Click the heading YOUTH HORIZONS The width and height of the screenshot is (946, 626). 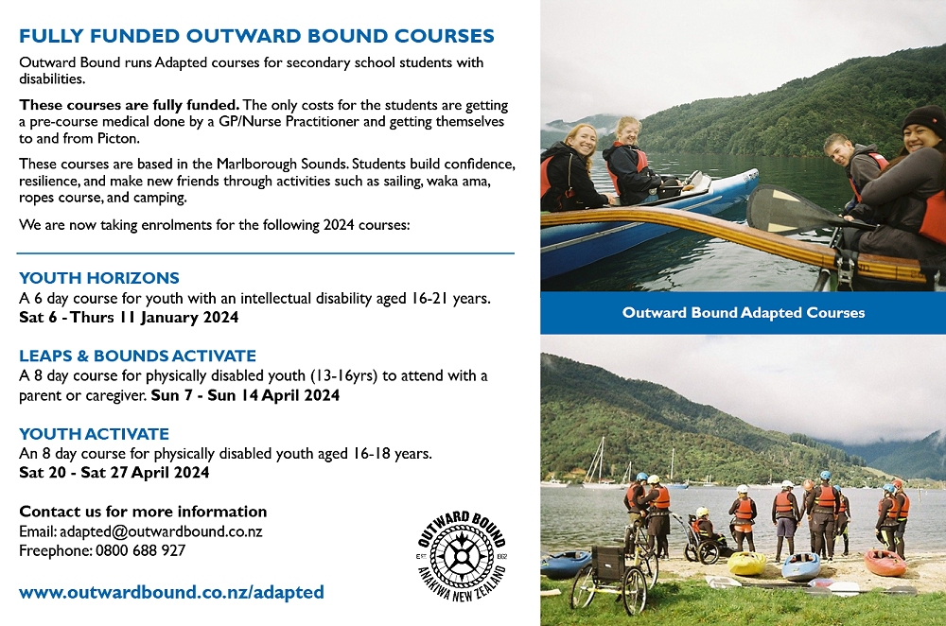99,278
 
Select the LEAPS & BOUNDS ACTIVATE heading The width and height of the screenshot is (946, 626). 137,356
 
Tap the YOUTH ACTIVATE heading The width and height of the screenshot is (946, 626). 94,434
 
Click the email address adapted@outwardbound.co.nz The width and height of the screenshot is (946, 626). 161,532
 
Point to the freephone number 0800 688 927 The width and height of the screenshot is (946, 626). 141,550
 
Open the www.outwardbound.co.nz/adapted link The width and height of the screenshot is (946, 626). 171,592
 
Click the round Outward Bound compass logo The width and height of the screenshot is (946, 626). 463,556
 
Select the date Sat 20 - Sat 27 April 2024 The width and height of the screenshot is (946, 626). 114,472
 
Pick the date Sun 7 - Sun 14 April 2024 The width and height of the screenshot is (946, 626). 246,395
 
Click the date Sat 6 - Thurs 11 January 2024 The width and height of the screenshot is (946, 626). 129,318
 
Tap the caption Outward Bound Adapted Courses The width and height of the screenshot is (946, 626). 744,312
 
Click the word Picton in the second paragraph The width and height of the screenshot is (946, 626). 118,139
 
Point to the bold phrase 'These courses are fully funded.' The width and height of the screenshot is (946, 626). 129,105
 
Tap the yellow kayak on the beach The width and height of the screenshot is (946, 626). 747,563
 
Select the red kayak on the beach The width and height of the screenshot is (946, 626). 885,562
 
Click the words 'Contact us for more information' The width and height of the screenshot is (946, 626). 143,512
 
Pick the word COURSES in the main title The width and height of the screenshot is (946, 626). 445,36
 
